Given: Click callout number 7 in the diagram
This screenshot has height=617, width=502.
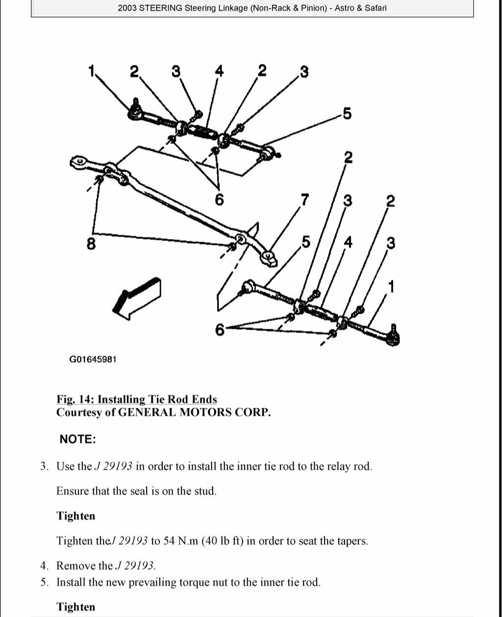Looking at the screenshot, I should pos(305,200).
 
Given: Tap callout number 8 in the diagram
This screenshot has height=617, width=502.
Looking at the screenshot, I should pos(91,243).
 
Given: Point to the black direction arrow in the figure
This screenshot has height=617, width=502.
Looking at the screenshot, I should pos(137,296).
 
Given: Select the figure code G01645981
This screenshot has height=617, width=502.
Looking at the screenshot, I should pos(93,359).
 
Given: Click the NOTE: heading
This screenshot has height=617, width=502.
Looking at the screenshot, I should pos(77,439).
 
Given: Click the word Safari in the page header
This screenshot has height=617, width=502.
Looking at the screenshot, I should pos(375,8).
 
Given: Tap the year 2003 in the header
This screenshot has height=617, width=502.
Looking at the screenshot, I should pos(128,8).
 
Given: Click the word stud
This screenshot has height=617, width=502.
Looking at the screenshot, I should pos(205,491).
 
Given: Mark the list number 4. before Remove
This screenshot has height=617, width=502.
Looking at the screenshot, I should pos(44,566).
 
